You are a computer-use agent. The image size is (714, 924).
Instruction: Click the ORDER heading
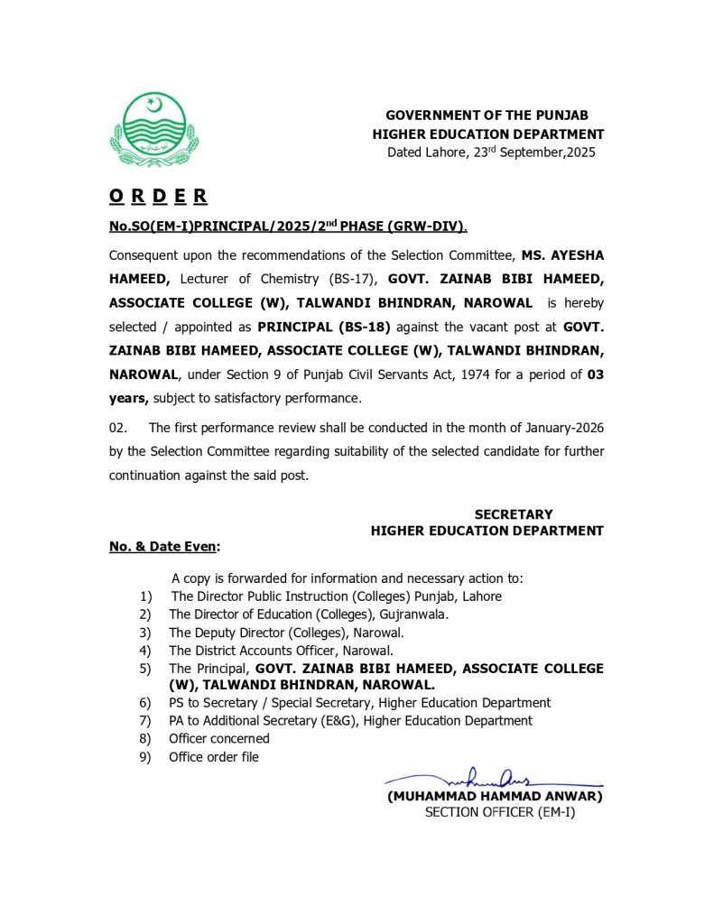(x=158, y=195)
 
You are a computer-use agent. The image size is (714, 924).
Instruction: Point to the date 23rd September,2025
(x=532, y=152)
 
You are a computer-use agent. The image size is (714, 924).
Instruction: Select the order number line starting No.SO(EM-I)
(x=288, y=225)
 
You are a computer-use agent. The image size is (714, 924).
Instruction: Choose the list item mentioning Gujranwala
(x=309, y=614)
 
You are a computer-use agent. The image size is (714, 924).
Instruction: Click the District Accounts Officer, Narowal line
(x=281, y=650)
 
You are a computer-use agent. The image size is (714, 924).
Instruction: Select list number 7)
(x=145, y=721)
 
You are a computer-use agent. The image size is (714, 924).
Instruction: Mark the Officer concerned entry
(x=219, y=738)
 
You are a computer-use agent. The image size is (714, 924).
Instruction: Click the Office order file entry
(x=214, y=756)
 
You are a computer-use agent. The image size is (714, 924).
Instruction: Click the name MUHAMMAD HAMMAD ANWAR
(x=494, y=796)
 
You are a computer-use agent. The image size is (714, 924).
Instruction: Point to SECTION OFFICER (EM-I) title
(x=499, y=812)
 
